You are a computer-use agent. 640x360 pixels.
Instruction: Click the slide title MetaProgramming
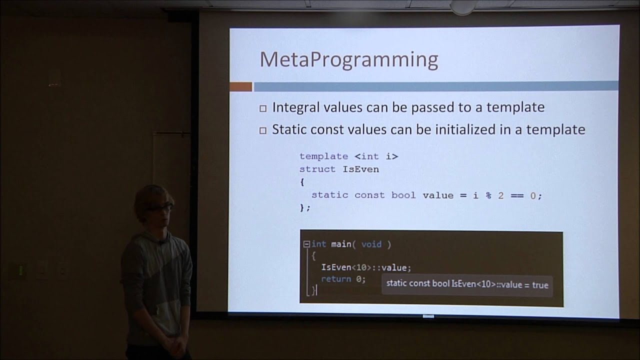click(x=348, y=60)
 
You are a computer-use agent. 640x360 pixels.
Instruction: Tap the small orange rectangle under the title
click(x=240, y=87)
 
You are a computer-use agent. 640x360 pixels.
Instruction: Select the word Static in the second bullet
click(x=288, y=129)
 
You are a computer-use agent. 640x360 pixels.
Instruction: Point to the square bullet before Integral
click(x=263, y=108)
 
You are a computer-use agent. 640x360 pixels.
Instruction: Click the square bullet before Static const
click(x=263, y=130)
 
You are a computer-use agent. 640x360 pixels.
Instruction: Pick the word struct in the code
click(x=317, y=169)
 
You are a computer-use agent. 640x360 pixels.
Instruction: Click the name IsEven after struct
click(x=360, y=169)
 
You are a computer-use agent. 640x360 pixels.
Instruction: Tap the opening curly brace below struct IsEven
click(x=302, y=182)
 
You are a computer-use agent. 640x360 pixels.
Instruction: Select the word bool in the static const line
click(x=403, y=195)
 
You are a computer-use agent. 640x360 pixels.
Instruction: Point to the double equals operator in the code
click(x=517, y=195)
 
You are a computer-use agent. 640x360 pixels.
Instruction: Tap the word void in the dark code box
click(x=371, y=244)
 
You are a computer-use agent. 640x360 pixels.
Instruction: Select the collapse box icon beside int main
click(x=306, y=244)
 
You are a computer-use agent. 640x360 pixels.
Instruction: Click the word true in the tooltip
click(x=540, y=285)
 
